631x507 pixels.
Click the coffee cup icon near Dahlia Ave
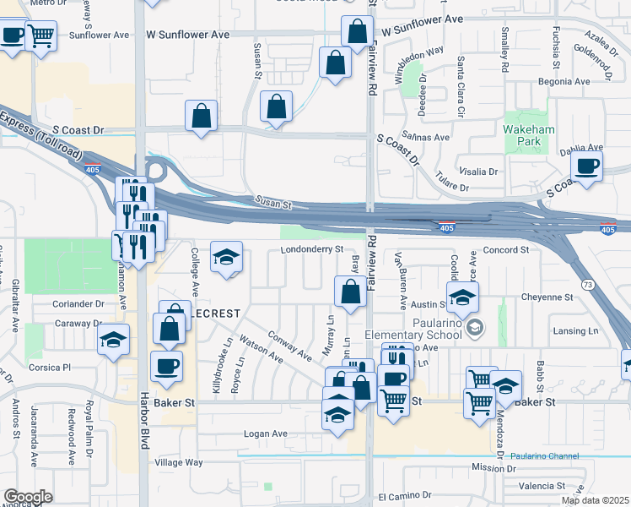coord(586,166)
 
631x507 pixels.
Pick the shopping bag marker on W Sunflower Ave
coord(357,32)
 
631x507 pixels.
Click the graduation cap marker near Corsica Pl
coord(113,341)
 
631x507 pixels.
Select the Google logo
coord(28,497)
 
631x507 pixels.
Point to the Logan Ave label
coord(266,434)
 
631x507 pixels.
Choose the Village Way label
coord(178,462)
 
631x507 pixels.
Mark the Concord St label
coord(507,250)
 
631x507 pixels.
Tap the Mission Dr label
coord(493,466)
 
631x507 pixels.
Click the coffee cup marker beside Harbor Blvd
coord(165,367)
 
